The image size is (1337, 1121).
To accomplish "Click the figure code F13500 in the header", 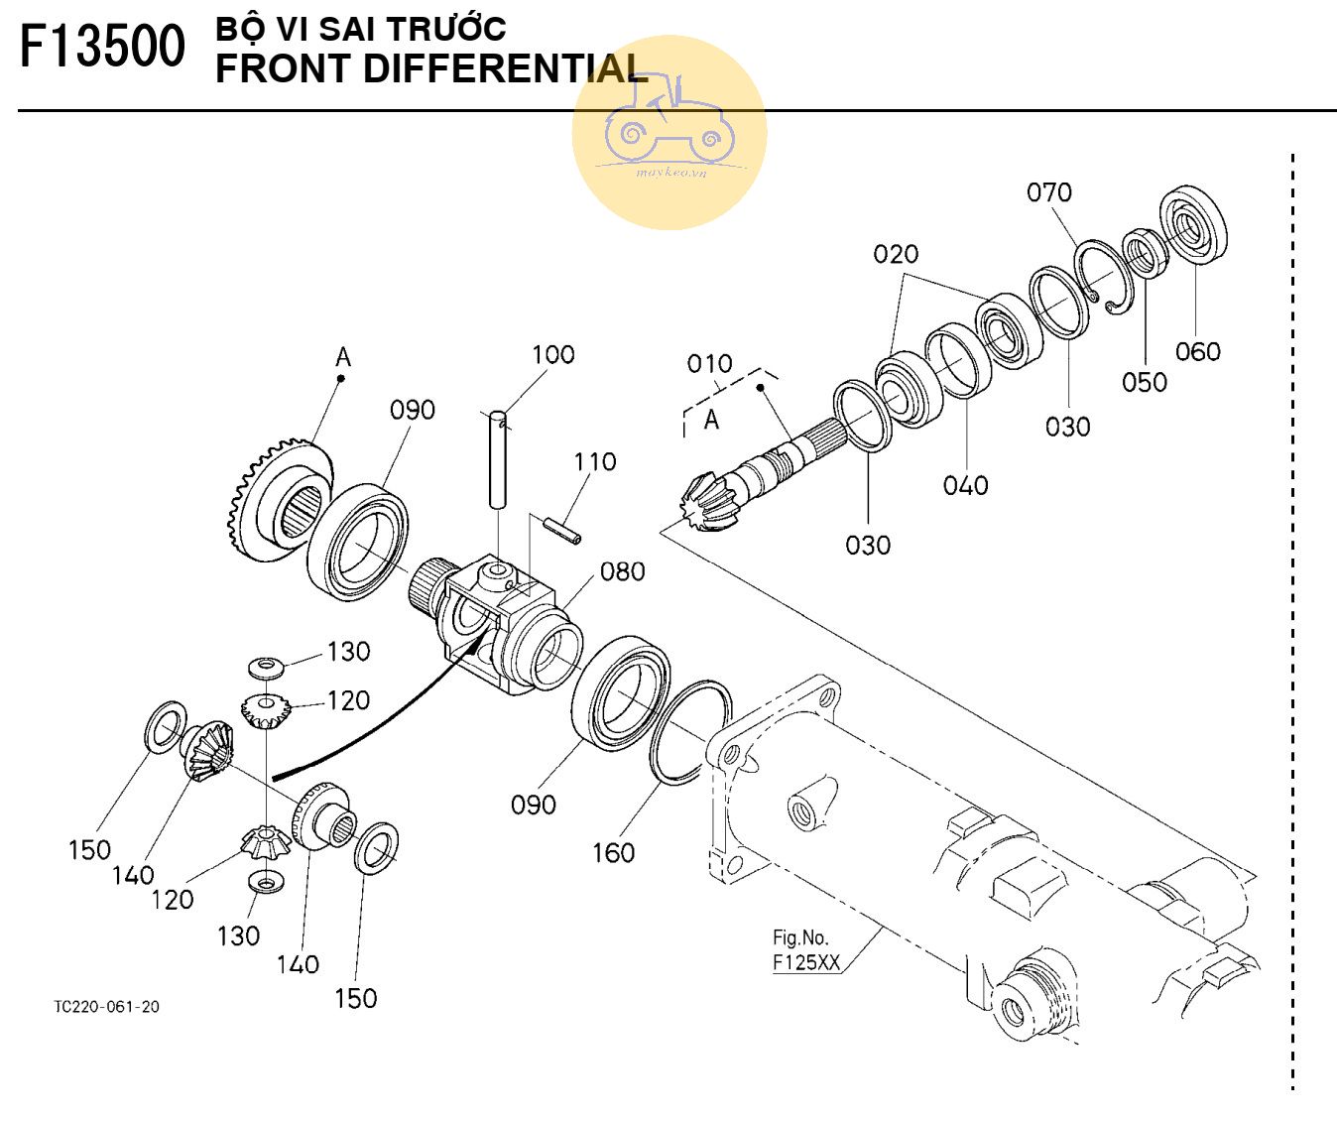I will pyautogui.click(x=102, y=47).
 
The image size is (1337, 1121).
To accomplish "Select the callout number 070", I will pyautogui.click(x=1049, y=192).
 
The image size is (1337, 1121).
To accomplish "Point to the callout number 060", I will pyautogui.click(x=1197, y=351).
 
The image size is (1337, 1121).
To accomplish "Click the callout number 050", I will pyautogui.click(x=1144, y=382).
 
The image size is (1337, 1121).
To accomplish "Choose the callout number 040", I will pyautogui.click(x=965, y=485).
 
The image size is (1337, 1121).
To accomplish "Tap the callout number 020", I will pyautogui.click(x=896, y=255).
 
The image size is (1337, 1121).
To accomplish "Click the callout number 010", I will pyautogui.click(x=710, y=364).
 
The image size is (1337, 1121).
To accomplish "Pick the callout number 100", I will pyautogui.click(x=552, y=354).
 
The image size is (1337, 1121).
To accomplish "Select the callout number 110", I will pyautogui.click(x=594, y=461).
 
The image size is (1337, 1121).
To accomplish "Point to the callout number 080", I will pyautogui.click(x=623, y=571).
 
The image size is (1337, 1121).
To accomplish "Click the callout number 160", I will pyautogui.click(x=613, y=852).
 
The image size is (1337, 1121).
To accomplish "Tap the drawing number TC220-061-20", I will pyautogui.click(x=106, y=1007).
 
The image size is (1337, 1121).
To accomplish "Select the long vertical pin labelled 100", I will pyautogui.click(x=498, y=459).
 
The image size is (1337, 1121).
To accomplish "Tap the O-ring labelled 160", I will pyautogui.click(x=691, y=732).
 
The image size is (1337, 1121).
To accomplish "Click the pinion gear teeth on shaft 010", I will pyautogui.click(x=708, y=502).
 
